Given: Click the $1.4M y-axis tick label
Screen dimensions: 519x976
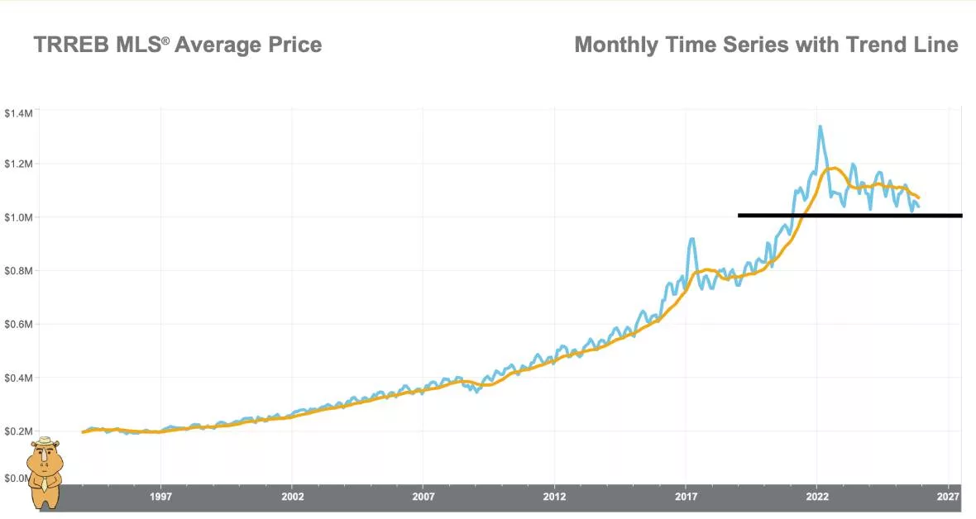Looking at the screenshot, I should [x=18, y=112].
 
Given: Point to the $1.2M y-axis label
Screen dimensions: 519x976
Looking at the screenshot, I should [x=18, y=164].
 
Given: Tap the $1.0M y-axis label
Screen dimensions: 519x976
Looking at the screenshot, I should [x=18, y=217].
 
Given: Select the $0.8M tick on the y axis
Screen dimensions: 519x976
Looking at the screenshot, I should [x=18, y=271].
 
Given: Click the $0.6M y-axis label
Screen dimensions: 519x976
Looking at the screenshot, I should [x=18, y=325].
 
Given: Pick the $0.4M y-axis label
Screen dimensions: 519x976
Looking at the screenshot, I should [x=18, y=379].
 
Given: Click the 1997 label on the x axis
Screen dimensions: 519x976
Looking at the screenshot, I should [x=160, y=497].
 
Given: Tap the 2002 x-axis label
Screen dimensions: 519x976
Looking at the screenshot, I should [x=292, y=497].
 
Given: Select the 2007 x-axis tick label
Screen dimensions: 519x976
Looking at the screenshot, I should [x=423, y=497].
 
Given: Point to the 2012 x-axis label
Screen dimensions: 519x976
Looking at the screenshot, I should [x=554, y=497].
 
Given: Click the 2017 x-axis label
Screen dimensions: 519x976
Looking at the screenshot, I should [x=686, y=497].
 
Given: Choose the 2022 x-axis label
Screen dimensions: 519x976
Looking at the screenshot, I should [x=817, y=497].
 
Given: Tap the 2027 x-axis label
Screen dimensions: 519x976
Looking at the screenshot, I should [x=948, y=497].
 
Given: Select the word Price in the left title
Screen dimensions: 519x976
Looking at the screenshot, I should [x=294, y=45].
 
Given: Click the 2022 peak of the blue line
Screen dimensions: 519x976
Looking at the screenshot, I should [x=820, y=126].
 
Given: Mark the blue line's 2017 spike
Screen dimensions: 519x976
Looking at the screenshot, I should [x=691, y=239].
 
